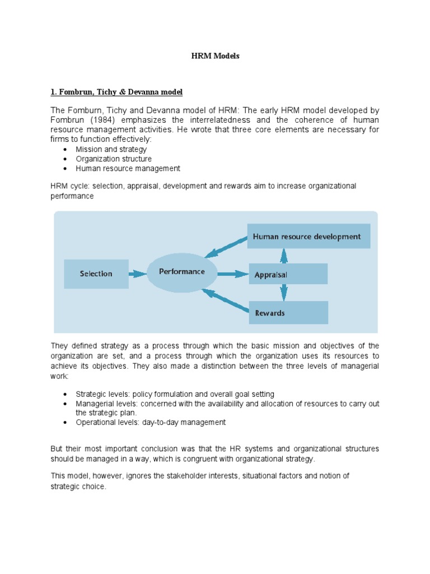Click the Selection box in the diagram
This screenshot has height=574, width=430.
pyautogui.click(x=96, y=274)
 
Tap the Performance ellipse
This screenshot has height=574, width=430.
pyautogui.click(x=182, y=272)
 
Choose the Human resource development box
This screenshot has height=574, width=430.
pyautogui.click(x=307, y=237)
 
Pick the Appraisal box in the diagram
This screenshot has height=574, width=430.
pyautogui.click(x=287, y=275)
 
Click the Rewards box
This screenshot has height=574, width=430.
pyautogui.click(x=287, y=313)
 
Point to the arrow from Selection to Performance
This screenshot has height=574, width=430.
pyautogui.click(x=138, y=274)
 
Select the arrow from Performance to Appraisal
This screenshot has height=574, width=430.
pyautogui.click(x=232, y=274)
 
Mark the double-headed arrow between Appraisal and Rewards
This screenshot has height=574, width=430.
pyautogui.click(x=284, y=293)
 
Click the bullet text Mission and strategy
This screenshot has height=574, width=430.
pyautogui.click(x=111, y=150)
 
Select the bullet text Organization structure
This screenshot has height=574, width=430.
pyautogui.click(x=114, y=159)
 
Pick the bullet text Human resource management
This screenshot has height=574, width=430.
pyautogui.click(x=128, y=168)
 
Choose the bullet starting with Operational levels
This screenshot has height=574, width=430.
pyautogui.click(x=151, y=422)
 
